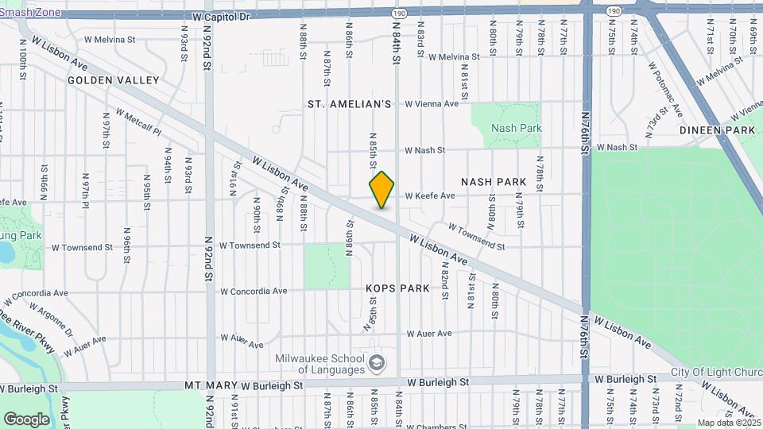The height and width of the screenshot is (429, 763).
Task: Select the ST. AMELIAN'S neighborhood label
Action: point(351,104)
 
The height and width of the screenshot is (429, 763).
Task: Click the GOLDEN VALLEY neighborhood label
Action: point(113,80)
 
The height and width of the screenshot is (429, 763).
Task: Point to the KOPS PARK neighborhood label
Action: point(397,288)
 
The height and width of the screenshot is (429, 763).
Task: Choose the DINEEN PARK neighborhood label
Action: point(717,129)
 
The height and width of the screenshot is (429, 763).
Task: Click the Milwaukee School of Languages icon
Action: point(376,364)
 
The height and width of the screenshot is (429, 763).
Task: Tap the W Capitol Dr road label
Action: point(221,16)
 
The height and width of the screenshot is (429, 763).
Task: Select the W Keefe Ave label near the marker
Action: point(430,195)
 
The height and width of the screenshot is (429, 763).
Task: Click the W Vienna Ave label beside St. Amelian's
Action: point(432,103)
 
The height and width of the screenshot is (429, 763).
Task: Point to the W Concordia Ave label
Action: point(253,292)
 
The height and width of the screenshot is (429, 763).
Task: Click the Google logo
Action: point(26,419)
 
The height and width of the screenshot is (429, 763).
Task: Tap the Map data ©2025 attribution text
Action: point(727,423)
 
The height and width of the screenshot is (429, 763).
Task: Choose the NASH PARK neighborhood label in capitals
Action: point(494,182)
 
